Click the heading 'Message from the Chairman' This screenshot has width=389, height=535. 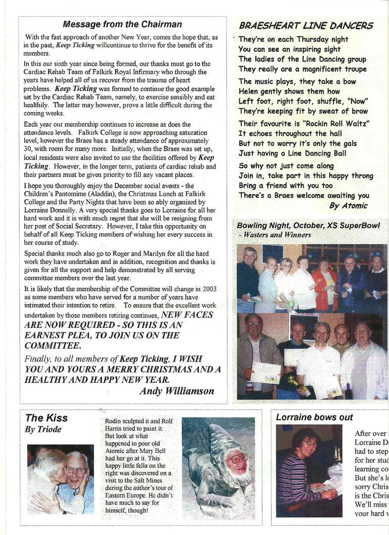122,24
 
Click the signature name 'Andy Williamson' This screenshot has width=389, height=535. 177,391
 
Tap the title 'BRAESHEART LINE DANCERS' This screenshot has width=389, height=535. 306,26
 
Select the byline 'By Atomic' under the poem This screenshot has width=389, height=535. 348,206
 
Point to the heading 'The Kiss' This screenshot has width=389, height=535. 47,418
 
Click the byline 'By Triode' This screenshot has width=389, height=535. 43,429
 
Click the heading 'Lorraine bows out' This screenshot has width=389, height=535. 314,418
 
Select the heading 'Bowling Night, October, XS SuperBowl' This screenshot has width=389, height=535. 308,226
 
